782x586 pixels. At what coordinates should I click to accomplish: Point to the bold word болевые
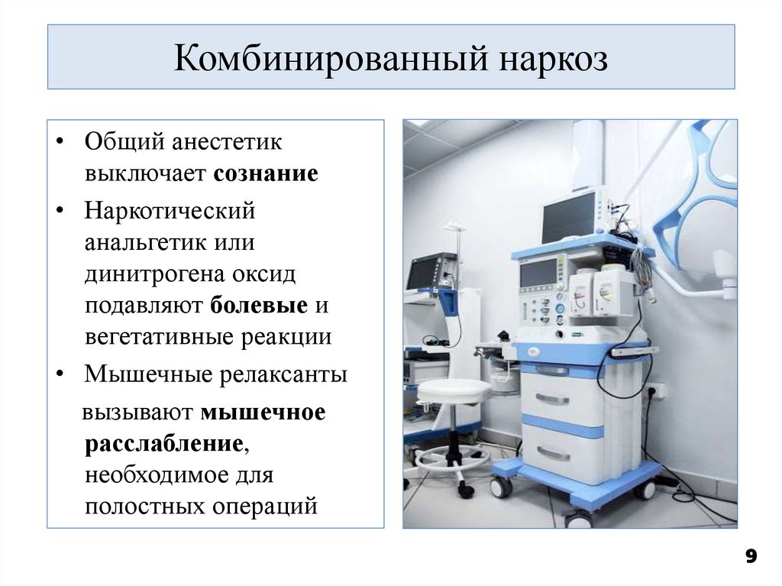257,306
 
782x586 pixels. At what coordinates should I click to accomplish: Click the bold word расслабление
164,444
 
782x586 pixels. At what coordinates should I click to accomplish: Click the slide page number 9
751,556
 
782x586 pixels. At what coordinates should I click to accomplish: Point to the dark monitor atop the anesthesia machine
570,217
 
